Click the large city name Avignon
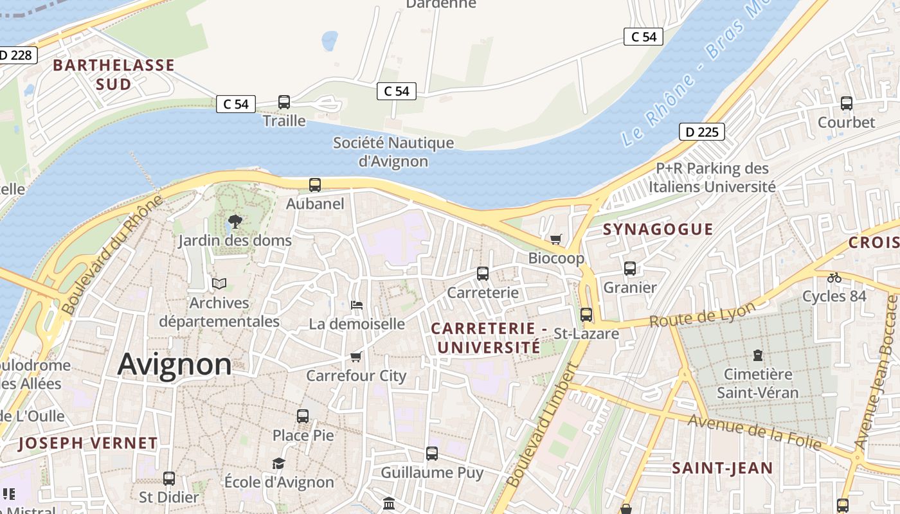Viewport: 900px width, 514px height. (174, 364)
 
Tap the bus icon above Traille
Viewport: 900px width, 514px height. (283, 102)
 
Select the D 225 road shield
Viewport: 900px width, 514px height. (701, 132)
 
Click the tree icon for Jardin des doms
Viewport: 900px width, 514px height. (235, 222)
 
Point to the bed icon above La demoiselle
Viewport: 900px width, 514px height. (357, 305)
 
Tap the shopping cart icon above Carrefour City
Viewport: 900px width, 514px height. (356, 357)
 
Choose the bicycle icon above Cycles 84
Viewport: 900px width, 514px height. (834, 278)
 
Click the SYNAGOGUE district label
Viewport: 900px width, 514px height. (658, 229)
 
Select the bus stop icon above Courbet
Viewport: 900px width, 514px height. (846, 103)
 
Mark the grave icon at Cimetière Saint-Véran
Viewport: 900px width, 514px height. (757, 355)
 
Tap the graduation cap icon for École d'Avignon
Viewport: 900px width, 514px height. (278, 463)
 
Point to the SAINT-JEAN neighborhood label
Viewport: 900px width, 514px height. (722, 468)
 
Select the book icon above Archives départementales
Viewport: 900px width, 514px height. (219, 283)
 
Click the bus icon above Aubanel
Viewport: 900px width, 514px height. (314, 185)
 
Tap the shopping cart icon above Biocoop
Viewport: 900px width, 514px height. (555, 239)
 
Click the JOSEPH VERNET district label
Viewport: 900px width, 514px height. (87, 443)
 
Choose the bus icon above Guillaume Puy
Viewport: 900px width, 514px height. (432, 454)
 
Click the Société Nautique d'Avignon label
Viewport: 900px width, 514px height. (393, 152)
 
